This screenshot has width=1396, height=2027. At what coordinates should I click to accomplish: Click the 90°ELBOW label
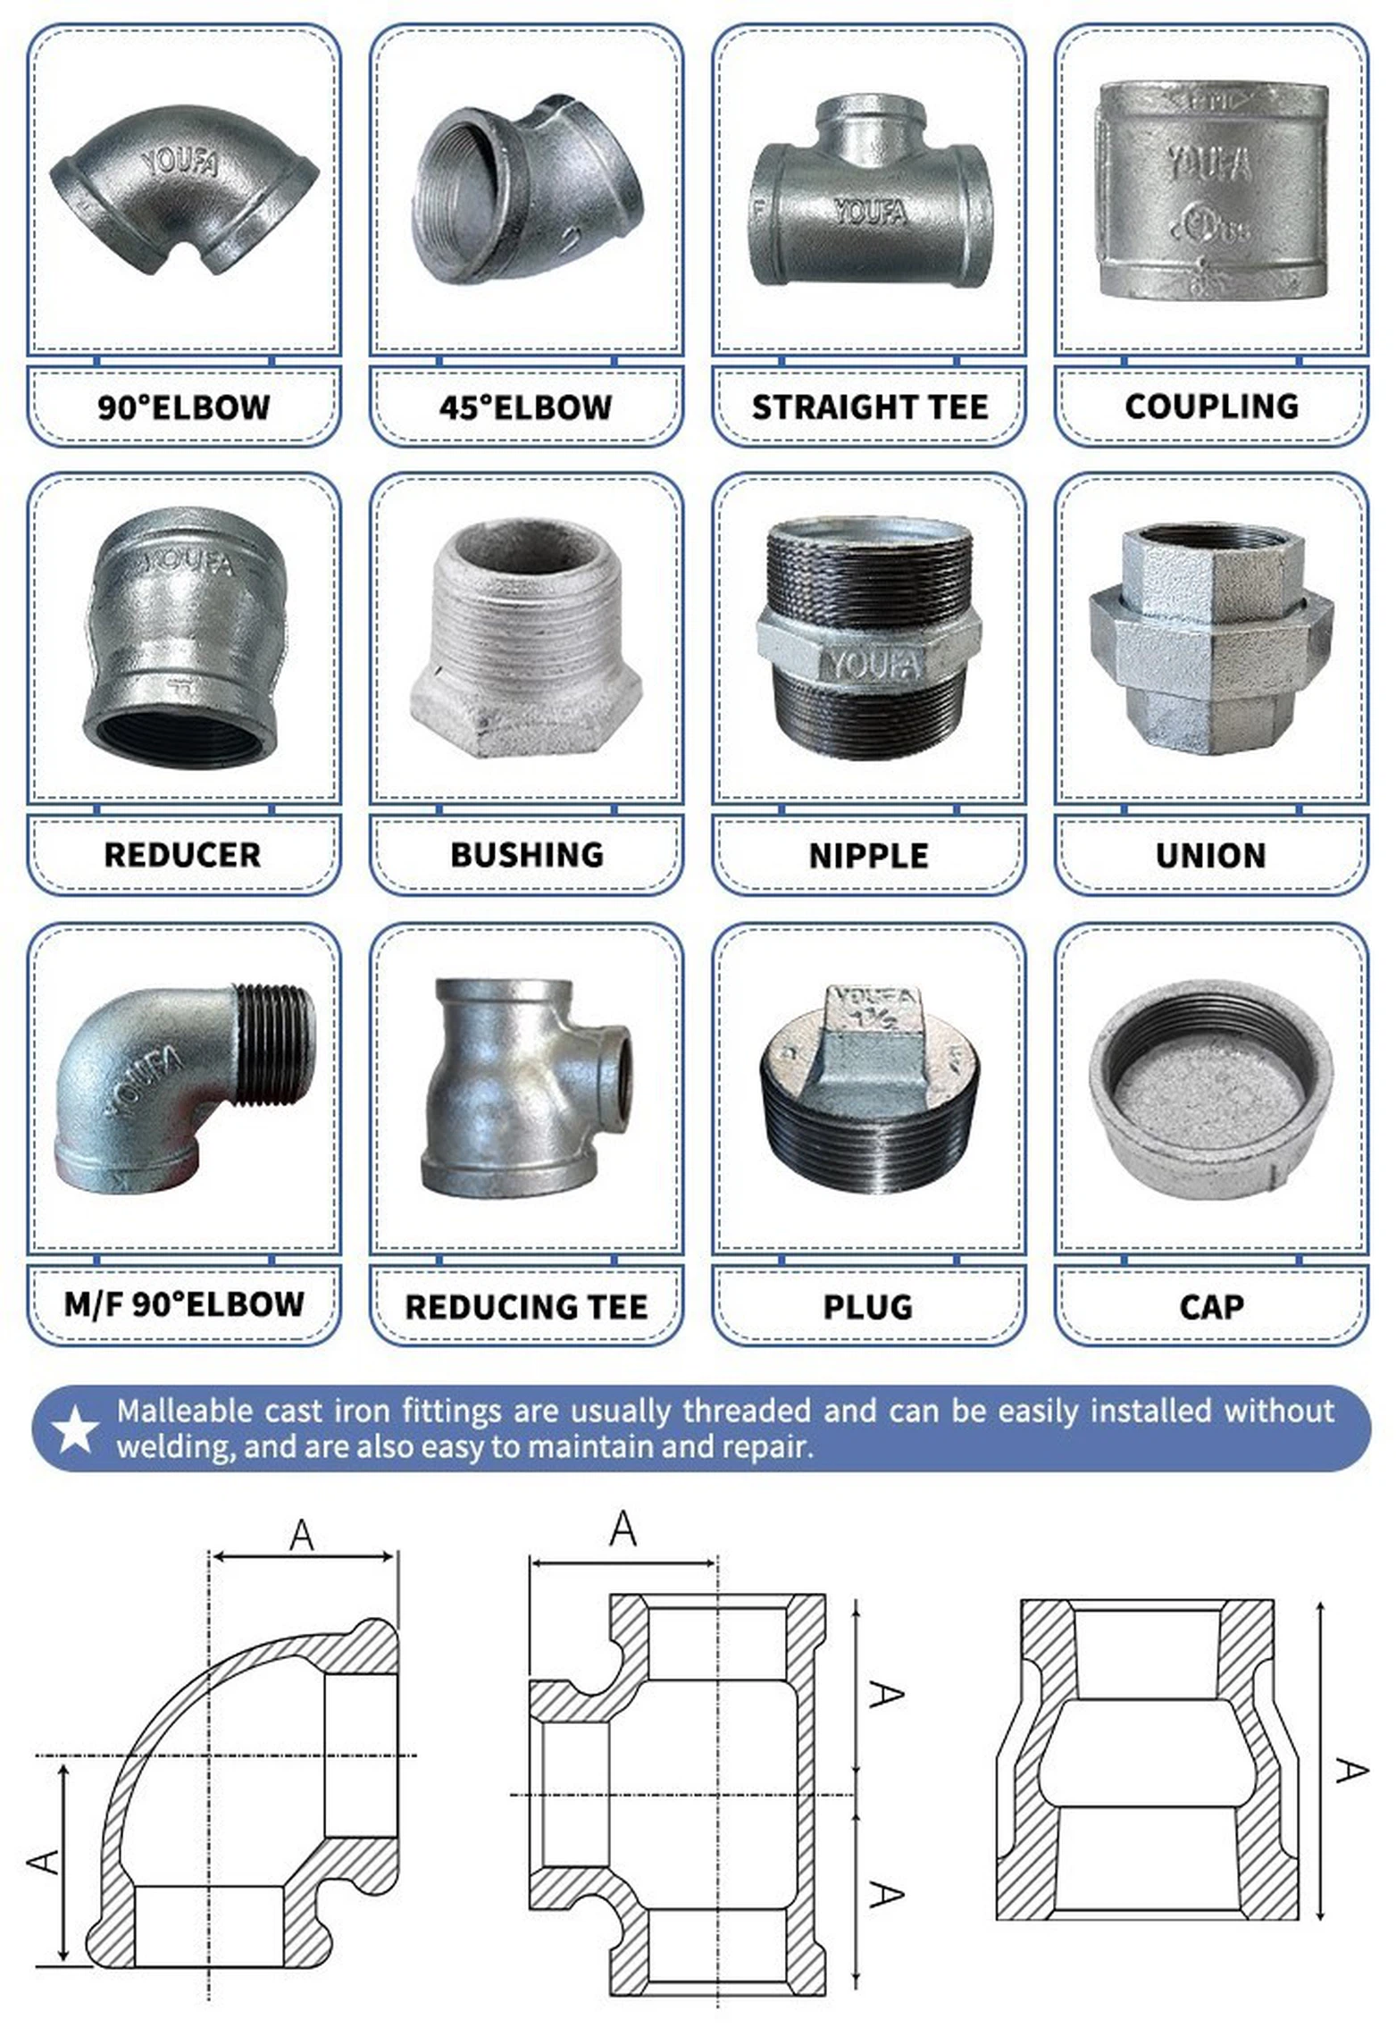(x=183, y=407)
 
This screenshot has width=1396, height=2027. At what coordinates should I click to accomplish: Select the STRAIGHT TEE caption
(x=869, y=407)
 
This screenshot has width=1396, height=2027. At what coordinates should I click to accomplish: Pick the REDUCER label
(x=182, y=855)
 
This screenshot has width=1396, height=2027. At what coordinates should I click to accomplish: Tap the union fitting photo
(x=1210, y=638)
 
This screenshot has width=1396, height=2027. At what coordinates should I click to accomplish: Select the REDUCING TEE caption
(x=526, y=1307)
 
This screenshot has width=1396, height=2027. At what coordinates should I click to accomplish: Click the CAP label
(x=1210, y=1307)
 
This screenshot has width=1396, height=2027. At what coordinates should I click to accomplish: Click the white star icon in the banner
(x=74, y=1429)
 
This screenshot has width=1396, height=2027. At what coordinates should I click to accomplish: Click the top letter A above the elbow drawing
(x=302, y=1536)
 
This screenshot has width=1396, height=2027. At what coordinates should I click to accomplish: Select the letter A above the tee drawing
(x=623, y=1529)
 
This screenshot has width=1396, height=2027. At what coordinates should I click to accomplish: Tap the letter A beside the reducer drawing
(x=1350, y=1770)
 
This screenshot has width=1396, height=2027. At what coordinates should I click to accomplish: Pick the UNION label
(x=1210, y=856)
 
